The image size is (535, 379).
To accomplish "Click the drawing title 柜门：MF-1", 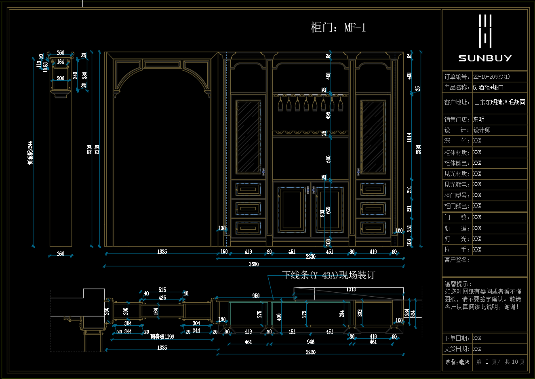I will [x=338, y=27].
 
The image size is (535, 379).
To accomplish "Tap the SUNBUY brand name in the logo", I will [x=485, y=58].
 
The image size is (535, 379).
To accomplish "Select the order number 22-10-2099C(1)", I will [x=491, y=77].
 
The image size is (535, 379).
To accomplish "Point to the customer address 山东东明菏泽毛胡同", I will [x=499, y=103].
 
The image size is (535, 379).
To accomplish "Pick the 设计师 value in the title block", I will [x=482, y=130].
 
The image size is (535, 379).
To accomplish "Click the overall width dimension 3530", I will [x=254, y=264].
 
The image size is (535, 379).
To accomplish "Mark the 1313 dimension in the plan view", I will [x=351, y=289].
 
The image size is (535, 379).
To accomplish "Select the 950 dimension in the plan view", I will [x=256, y=296].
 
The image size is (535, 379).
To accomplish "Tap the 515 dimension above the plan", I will [x=162, y=290].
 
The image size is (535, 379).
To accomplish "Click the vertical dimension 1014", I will [x=409, y=137].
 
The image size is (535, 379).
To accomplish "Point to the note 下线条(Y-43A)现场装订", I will [x=328, y=275].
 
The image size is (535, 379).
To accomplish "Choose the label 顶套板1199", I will [x=162, y=336].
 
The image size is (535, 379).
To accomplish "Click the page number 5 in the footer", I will [x=487, y=362].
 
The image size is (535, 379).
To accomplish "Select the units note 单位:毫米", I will [x=457, y=362].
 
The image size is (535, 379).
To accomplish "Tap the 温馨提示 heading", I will [x=458, y=284].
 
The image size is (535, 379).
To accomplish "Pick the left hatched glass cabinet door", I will [x=248, y=137].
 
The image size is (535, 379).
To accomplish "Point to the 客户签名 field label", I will [x=457, y=260].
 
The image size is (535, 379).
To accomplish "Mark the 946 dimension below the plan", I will [x=310, y=342].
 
